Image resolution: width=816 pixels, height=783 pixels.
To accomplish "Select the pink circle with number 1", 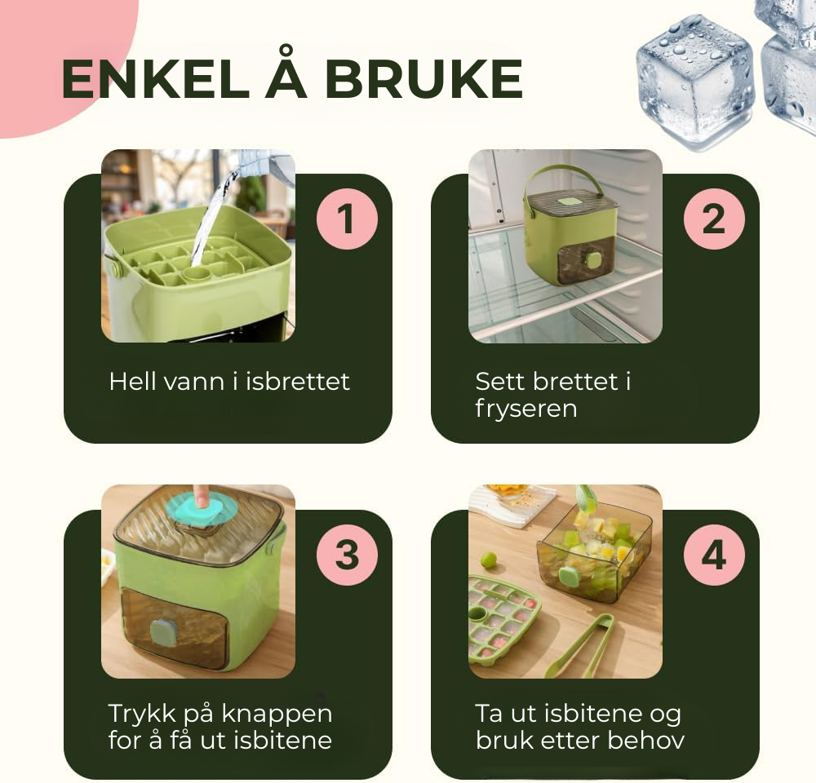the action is point(347,219).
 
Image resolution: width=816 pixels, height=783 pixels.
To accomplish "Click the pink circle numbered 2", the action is point(714,219).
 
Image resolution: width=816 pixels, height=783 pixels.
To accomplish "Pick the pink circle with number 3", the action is point(347,555).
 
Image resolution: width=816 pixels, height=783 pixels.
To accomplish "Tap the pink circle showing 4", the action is point(714,555).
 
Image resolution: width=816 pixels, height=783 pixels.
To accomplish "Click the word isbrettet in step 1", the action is point(298,382).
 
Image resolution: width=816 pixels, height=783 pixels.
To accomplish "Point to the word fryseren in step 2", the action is point(526,409).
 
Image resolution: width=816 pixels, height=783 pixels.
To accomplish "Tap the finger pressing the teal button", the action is point(200,495).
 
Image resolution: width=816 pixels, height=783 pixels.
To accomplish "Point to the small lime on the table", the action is point(488,561).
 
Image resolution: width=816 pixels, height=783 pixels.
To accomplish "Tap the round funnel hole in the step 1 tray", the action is point(199,274).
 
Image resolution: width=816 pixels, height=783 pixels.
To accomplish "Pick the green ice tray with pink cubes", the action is point(503,619).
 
